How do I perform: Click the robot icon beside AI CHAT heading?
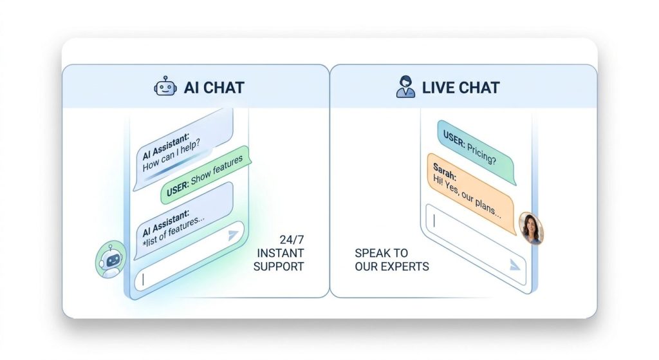[x=165, y=86]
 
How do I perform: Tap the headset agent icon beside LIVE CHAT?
[x=405, y=86]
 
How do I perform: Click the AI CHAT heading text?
[x=214, y=87]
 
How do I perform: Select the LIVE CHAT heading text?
[x=460, y=87]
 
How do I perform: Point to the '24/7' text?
[x=288, y=238]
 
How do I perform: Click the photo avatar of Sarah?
[x=532, y=229]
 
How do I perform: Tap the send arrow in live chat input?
[x=514, y=264]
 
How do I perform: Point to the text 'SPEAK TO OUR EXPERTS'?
[x=391, y=260]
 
